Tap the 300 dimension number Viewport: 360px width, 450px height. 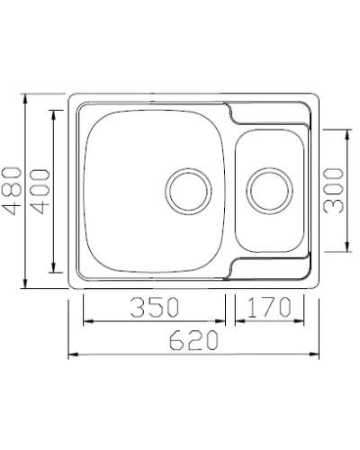click(334, 190)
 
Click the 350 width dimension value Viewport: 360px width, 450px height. click(154, 307)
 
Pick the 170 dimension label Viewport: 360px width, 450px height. click(266, 307)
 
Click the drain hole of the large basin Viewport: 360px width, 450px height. click(186, 190)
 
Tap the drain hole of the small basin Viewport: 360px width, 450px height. click(268, 190)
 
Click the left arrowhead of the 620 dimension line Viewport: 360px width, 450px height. click(73, 355)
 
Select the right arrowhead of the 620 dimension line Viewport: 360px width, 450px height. click(318, 355)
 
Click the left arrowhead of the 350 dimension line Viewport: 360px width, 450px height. click(86, 320)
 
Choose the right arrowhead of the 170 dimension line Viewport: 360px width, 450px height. click(301, 320)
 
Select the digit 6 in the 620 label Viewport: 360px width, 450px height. click(175, 340)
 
